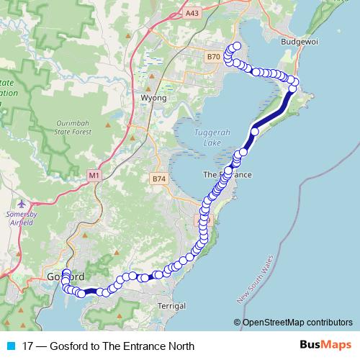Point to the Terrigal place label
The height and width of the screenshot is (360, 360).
(x=171, y=306)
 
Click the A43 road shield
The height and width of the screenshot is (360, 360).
(x=191, y=13)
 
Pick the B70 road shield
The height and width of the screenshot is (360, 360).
(x=213, y=57)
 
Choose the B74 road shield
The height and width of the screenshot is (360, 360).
(x=159, y=178)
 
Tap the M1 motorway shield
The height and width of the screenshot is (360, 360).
(x=94, y=175)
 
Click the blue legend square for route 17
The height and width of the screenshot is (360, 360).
(x=9, y=346)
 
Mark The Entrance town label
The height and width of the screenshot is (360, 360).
(x=228, y=175)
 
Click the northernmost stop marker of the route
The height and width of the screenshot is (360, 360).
(x=237, y=47)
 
